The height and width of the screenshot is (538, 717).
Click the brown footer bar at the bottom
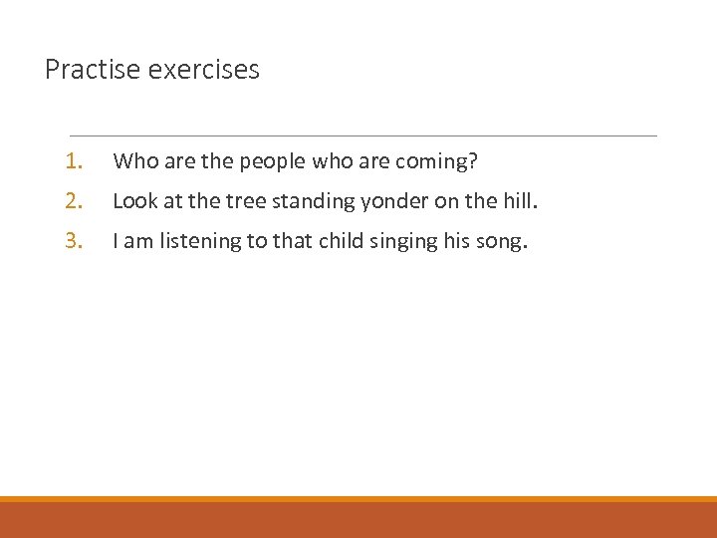358,520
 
